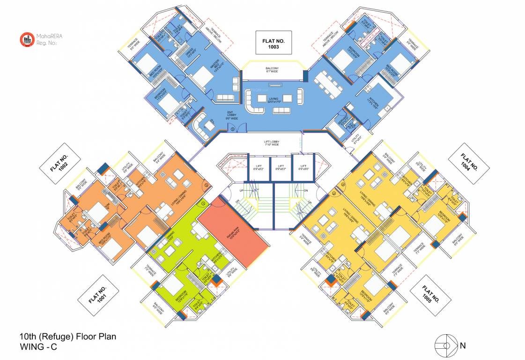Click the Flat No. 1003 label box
tap(274, 41)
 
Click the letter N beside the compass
tap(463, 346)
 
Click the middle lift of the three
tap(281, 167)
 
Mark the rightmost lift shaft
tap(303, 167)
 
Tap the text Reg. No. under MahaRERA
tap(46, 43)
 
